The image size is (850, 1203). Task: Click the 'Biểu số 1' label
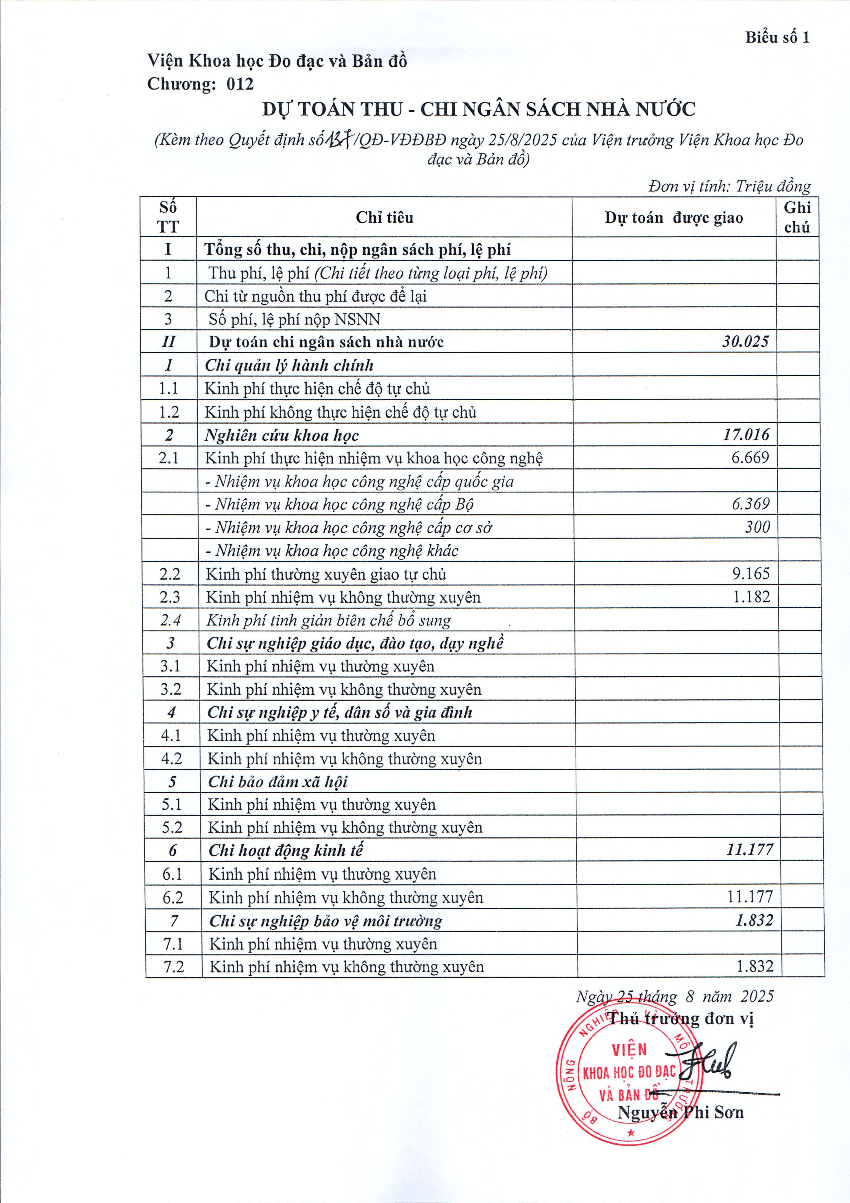pyautogui.click(x=777, y=38)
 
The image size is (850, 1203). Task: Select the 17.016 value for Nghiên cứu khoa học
pyautogui.click(x=746, y=434)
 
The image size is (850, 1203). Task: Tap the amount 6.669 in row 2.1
pyautogui.click(x=750, y=457)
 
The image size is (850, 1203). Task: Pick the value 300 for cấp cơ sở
pyautogui.click(x=757, y=527)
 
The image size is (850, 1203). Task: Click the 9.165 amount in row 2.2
pyautogui.click(x=751, y=573)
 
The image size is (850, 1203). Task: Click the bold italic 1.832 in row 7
pyautogui.click(x=754, y=920)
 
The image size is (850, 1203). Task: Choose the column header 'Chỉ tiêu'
pyautogui.click(x=385, y=217)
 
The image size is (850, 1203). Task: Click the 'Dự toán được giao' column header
pyautogui.click(x=673, y=217)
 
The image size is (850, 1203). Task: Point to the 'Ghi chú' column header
pyautogui.click(x=797, y=217)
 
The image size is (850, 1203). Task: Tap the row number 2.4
pyautogui.click(x=170, y=620)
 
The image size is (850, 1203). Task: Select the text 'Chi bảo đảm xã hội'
pyautogui.click(x=278, y=782)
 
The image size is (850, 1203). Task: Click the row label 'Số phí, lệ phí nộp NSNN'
pyautogui.click(x=294, y=319)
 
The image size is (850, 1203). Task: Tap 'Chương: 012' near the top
pyautogui.click(x=200, y=84)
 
